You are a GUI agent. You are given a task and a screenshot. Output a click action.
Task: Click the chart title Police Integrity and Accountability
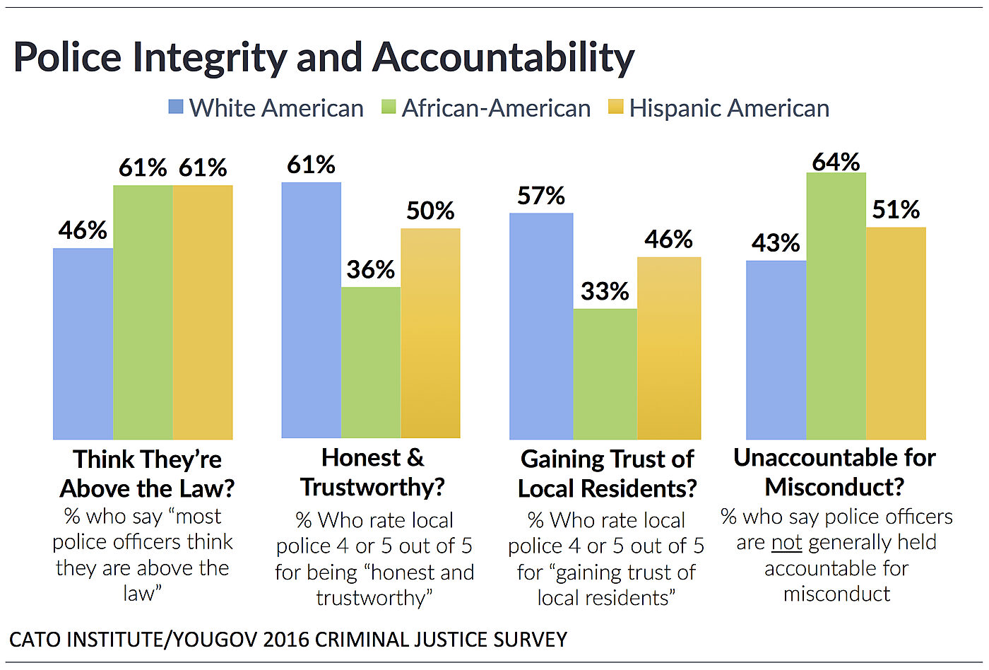pos(324,58)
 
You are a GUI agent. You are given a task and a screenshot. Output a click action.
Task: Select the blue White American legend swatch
pos(176,107)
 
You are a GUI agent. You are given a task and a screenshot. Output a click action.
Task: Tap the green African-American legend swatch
pos(389,107)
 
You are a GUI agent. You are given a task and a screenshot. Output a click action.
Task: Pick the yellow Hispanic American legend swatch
pos(615,107)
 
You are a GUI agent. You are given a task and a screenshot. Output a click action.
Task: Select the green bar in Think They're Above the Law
pos(143,312)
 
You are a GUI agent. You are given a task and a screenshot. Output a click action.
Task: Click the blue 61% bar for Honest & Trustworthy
pos(311,310)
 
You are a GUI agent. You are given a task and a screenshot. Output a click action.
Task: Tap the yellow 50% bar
pos(430,333)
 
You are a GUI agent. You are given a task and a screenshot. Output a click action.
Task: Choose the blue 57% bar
pos(541,326)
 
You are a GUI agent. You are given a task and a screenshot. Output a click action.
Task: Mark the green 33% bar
pos(605,374)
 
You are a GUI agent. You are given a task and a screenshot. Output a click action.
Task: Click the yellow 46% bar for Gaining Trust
pos(669,348)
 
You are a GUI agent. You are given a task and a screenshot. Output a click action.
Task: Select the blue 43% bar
pos(776,350)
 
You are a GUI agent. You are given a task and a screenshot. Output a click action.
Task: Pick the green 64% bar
pos(836,306)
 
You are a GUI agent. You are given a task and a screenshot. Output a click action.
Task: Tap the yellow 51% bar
pos(896,333)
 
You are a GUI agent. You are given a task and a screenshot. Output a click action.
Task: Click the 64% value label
pos(836,162)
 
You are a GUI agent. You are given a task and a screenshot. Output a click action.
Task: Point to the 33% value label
pos(605,291)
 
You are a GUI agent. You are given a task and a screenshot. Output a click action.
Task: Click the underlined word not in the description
pos(786,543)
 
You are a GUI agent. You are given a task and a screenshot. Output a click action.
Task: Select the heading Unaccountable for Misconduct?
pos(834,472)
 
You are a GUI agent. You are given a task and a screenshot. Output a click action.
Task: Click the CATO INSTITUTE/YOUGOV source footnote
pos(288,640)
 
